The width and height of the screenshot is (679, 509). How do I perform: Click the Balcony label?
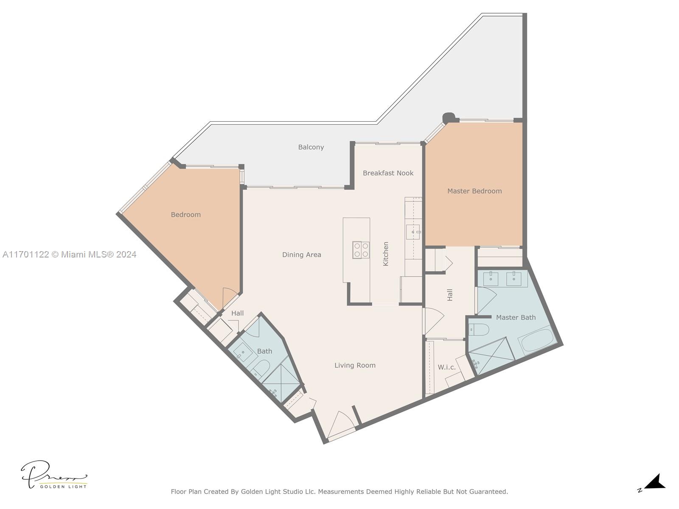(311, 147)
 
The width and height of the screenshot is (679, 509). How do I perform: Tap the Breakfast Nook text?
(388, 173)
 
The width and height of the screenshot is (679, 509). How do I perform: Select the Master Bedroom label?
(474, 191)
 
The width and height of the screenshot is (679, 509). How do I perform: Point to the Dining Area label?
(302, 255)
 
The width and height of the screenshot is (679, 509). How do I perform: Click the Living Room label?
(355, 365)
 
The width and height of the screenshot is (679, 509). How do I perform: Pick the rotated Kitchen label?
(385, 254)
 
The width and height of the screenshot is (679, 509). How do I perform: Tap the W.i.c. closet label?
(446, 367)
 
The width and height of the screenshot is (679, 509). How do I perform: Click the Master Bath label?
(516, 317)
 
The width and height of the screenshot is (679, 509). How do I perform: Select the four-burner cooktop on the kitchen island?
(361, 250)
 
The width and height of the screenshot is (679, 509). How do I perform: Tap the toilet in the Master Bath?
(479, 330)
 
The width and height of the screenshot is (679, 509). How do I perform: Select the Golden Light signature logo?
(54, 475)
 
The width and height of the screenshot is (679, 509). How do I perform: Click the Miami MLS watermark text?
(69, 255)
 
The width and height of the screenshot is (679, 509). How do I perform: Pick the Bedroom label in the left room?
(185, 215)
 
